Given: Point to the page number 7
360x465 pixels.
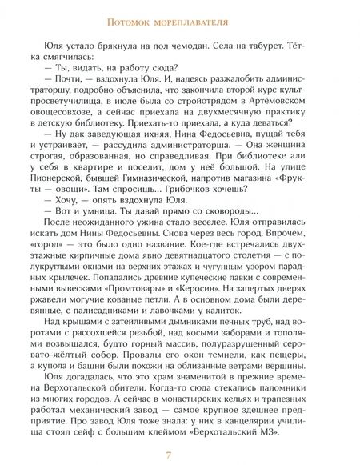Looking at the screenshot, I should click(180, 454).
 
